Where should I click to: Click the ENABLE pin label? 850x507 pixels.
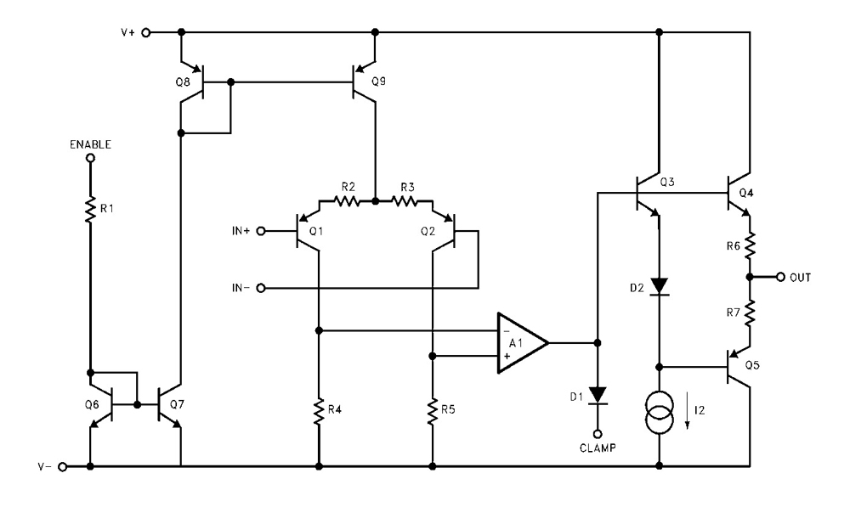pos(90,145)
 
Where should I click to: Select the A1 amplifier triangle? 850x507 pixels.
pos(520,342)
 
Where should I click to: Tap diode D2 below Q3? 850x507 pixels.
pos(659,286)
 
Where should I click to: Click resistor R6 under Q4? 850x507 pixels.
pos(750,247)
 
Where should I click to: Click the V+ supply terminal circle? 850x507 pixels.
pos(145,33)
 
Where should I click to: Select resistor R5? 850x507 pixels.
pos(433,414)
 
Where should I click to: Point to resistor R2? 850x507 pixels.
pos(346,202)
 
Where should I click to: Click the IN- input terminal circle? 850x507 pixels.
pos(262,289)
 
